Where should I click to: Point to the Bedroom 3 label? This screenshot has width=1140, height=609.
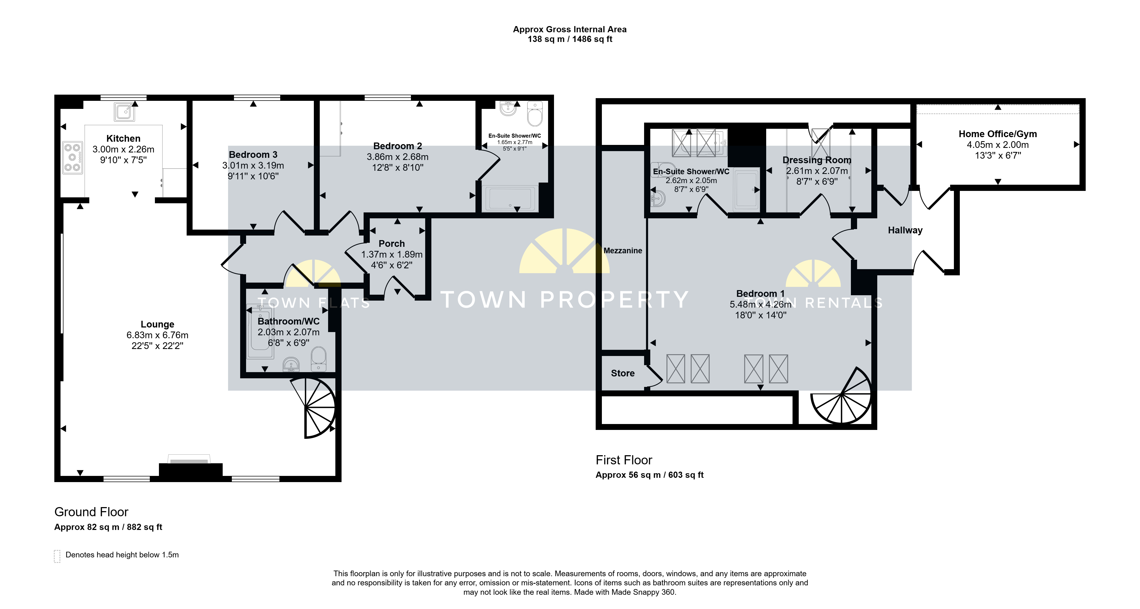click(253, 154)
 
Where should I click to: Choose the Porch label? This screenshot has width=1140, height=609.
click(392, 243)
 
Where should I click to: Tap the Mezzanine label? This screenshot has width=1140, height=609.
click(623, 251)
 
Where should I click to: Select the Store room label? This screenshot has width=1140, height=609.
click(623, 373)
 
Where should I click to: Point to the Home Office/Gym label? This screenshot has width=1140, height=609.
click(997, 134)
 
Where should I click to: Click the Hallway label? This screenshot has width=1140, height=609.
click(905, 230)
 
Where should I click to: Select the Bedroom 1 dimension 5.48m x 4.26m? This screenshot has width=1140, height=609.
click(760, 304)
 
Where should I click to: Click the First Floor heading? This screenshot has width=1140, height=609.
click(624, 460)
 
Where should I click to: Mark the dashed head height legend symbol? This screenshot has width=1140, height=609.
click(57, 556)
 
